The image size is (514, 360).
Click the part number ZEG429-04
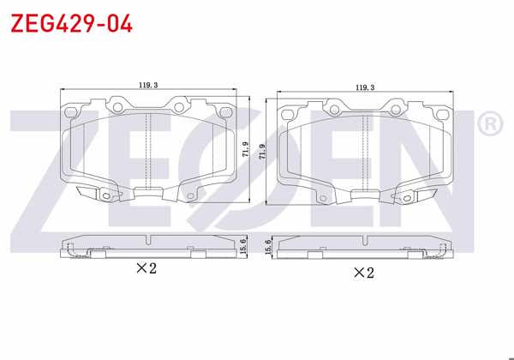click(x=70, y=23)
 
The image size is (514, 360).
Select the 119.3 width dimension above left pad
click(x=148, y=85)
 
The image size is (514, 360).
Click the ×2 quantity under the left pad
click(x=146, y=268)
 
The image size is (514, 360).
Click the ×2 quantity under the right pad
click(x=364, y=273)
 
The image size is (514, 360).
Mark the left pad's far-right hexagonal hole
click(x=228, y=110)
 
